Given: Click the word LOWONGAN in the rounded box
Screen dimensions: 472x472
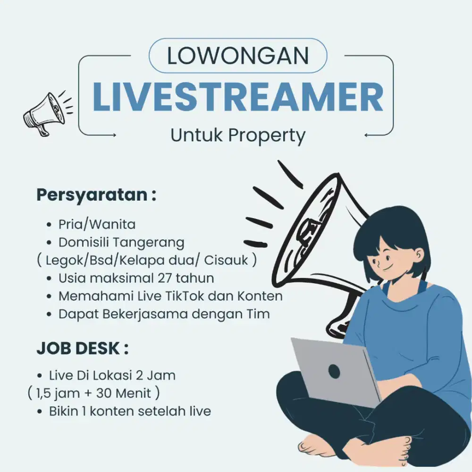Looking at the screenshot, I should click(x=238, y=56).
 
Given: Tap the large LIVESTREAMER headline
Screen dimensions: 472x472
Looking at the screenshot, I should click(x=238, y=97).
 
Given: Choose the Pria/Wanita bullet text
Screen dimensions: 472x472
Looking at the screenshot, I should click(x=97, y=224).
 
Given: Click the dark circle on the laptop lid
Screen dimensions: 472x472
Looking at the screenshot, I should click(x=334, y=371).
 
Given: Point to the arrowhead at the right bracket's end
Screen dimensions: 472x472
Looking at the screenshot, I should click(x=367, y=135).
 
